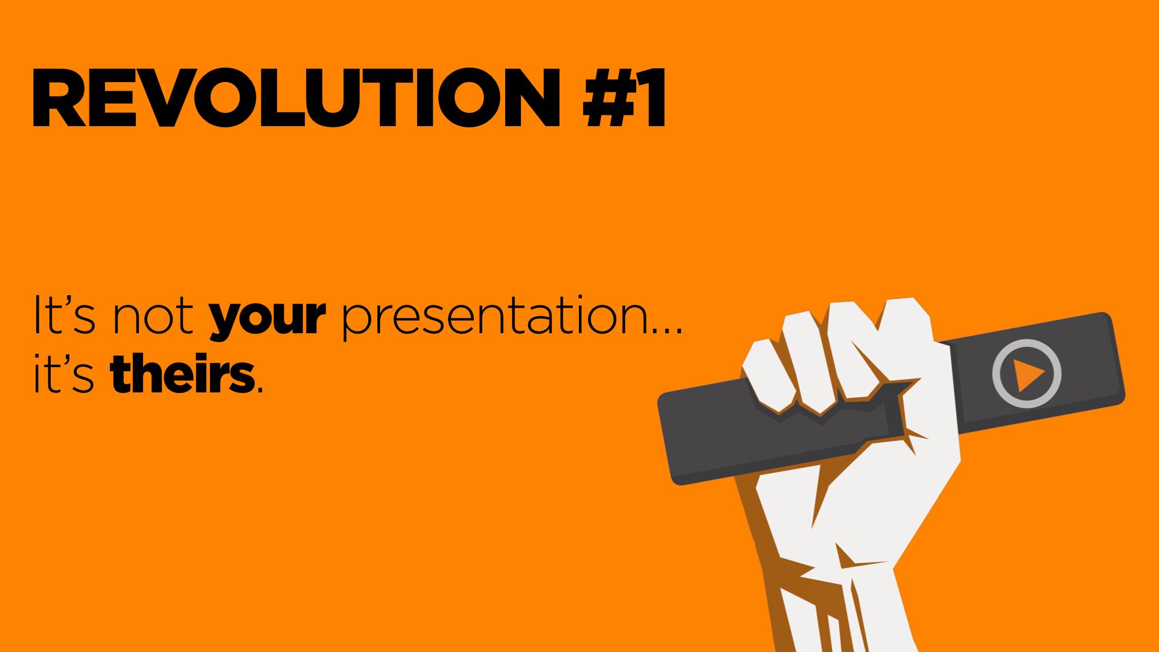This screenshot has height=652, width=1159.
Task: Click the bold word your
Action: click(267, 317)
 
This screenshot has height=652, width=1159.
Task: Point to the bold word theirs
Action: click(182, 374)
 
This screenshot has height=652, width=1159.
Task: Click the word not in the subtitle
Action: click(153, 316)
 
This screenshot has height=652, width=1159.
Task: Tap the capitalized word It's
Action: click(64, 315)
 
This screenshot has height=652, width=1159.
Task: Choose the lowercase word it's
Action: click(63, 374)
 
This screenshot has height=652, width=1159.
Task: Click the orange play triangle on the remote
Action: click(1028, 375)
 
